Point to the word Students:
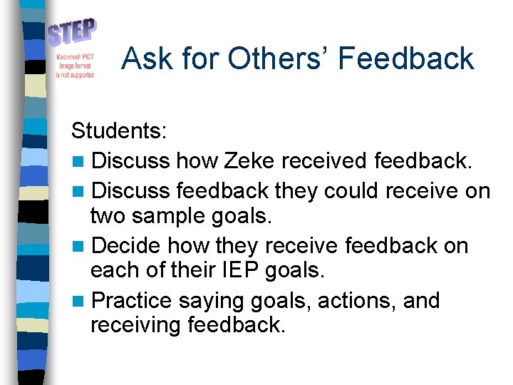click(x=119, y=131)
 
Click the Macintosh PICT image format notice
click(x=75, y=66)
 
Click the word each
click(x=111, y=271)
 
